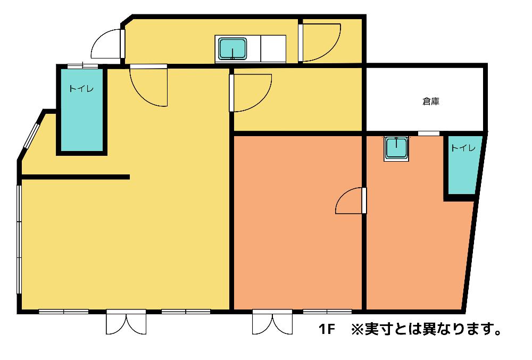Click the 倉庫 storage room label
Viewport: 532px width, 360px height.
431,101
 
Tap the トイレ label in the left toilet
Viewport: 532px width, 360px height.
81,89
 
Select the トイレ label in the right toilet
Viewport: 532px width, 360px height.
463,148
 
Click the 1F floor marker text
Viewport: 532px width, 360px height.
327,329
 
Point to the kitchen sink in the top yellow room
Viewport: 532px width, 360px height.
232,48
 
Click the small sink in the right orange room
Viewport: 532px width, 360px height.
396,148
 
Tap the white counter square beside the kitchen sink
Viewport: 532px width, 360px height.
273,48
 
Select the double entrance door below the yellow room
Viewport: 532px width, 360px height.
126,322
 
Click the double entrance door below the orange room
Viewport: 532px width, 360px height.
272,322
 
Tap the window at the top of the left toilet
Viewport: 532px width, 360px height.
82,66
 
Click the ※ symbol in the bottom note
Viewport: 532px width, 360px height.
356,329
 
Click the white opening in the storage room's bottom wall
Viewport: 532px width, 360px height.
428,133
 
